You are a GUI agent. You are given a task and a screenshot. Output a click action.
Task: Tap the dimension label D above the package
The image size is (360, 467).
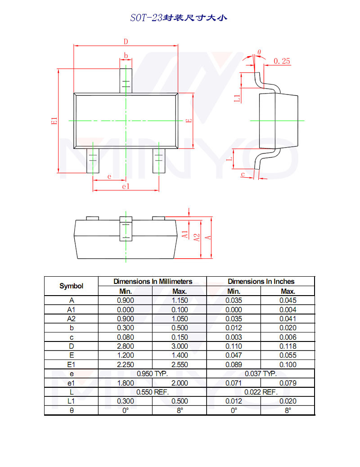point(126,41)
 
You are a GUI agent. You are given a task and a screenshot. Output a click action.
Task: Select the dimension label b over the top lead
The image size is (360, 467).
point(126,56)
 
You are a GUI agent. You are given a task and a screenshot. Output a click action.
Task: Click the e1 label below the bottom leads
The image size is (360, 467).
point(126,186)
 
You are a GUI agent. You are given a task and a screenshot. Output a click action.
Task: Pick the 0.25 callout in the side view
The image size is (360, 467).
point(282,61)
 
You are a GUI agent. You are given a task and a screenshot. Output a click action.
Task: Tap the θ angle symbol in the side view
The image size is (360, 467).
point(259,52)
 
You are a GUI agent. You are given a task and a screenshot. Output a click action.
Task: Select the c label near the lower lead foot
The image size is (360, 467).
point(243,174)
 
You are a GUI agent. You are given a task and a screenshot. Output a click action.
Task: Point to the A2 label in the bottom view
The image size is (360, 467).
point(197,237)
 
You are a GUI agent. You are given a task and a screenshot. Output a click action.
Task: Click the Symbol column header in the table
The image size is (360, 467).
point(72,286)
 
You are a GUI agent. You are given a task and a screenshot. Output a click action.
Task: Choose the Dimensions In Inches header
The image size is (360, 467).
point(261,281)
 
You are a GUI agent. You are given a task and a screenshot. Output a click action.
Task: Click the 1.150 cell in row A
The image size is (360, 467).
point(180,300)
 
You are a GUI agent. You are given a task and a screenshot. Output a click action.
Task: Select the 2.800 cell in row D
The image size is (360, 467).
point(125,346)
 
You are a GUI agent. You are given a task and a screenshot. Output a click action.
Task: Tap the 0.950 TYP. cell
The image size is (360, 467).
point(152,373)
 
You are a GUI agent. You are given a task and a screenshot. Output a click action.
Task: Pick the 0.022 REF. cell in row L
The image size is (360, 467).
point(261,392)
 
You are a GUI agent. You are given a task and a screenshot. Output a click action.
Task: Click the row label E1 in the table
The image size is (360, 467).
point(72,364)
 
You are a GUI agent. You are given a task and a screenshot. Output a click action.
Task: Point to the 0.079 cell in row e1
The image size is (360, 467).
point(288,383)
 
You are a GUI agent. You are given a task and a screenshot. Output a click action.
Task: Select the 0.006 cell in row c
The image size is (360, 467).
point(288,337)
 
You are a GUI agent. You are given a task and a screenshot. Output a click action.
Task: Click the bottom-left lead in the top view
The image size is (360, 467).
point(93,161)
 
